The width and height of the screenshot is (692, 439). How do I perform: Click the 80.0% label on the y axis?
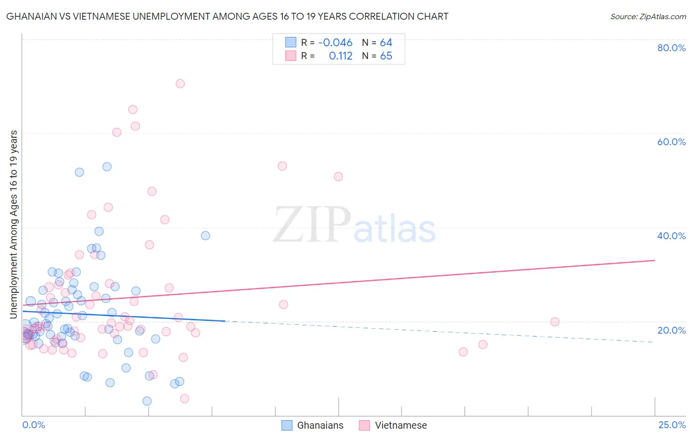[671, 48]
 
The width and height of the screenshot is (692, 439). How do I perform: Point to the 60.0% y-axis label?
[671, 142]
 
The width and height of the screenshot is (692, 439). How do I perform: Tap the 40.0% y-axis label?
[671, 236]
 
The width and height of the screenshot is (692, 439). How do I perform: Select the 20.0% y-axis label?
[671, 330]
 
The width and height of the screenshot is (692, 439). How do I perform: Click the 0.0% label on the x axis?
[33, 425]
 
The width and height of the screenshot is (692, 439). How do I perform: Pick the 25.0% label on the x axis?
[672, 425]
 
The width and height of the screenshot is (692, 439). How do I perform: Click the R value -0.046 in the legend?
[335, 43]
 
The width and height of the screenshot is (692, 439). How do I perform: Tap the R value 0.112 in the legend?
[341, 56]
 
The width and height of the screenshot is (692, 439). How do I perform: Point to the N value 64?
[386, 43]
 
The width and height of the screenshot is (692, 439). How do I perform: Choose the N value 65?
[386, 56]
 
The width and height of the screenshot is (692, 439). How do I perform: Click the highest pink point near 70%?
[180, 84]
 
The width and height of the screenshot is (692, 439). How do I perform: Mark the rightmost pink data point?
[555, 322]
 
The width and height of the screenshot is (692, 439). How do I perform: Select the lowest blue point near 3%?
[147, 401]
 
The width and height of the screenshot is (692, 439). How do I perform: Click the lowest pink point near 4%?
[185, 399]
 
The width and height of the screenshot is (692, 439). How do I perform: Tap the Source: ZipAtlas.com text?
[648, 17]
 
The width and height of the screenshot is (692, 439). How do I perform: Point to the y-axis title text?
[14, 224]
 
